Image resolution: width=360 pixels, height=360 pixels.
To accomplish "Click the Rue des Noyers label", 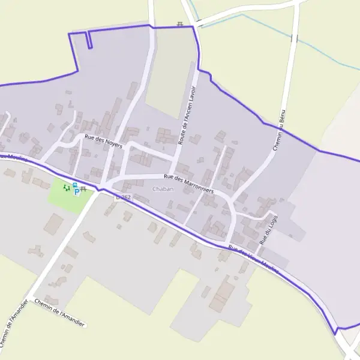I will (x=103, y=142).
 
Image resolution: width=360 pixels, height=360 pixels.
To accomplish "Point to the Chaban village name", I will (x=163, y=189).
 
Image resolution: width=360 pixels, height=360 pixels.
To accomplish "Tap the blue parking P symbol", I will (x=76, y=191).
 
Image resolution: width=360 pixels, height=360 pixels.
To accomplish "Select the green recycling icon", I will (x=66, y=188).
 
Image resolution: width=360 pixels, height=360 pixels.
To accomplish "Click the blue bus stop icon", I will (x=75, y=185).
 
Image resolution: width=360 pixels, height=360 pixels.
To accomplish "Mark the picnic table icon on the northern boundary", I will (x=179, y=24).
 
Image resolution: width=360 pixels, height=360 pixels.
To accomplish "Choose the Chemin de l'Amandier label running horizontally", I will (x=61, y=313).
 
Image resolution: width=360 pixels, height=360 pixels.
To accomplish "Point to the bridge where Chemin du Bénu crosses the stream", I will (x=294, y=38).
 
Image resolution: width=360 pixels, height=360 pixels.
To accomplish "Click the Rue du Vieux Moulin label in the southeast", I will (x=254, y=260).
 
